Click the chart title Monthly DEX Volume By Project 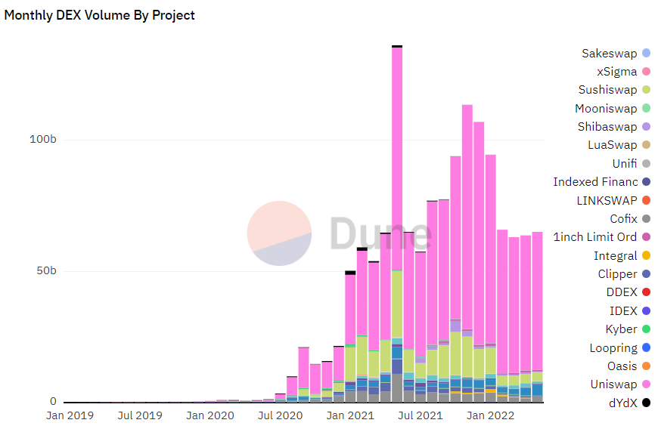pos(99,15)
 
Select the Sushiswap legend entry pos(607,90)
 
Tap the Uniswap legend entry pos(613,384)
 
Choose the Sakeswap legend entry pos(610,54)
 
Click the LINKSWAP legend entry pos(607,200)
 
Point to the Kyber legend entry pos(621,329)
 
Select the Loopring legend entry pos(613,348)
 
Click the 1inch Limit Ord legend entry pos(594,237)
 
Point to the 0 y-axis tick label pos(54,402)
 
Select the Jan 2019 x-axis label pos(70,415)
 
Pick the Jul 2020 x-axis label pos(281,415)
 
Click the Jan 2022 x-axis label pos(490,415)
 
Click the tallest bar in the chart pos(397,189)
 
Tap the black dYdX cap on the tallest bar pos(397,46)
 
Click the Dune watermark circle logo pos(279,233)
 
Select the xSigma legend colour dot pos(646,72)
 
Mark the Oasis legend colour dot pos(646,366)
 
